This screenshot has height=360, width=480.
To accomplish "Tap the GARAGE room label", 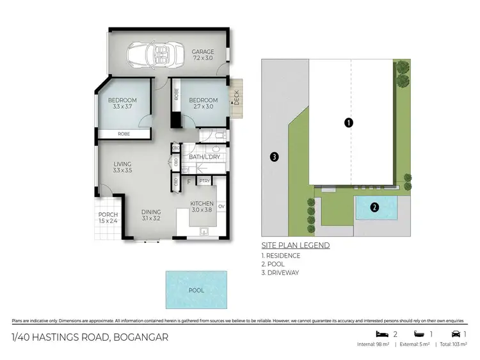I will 202,52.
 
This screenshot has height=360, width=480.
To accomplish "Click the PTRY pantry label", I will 204,182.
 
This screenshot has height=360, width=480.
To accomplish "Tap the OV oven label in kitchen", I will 221,207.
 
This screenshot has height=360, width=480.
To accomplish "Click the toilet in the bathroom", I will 218,136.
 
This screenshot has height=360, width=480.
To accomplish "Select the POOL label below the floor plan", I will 196,290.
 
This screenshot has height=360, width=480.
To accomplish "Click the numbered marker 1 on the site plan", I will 349,123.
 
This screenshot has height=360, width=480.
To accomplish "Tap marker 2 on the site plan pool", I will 374,207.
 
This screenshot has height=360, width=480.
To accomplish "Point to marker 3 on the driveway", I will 273,157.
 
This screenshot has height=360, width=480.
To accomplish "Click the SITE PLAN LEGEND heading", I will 295,245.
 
